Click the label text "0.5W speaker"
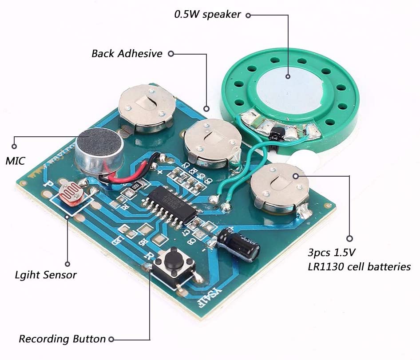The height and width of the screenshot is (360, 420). click(207, 14)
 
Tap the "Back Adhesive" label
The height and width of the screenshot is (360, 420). click(127, 54)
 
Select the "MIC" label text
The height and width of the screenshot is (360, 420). click(15, 161)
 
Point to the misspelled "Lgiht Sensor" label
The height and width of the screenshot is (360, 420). click(45, 275)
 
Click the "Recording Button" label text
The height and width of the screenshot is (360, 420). click(62, 339)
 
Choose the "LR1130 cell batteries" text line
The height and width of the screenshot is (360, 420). click(359, 267)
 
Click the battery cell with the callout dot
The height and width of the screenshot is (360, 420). click(280, 186)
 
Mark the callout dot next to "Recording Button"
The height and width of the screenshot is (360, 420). click(111, 340)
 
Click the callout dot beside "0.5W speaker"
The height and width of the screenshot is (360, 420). click(249, 15)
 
